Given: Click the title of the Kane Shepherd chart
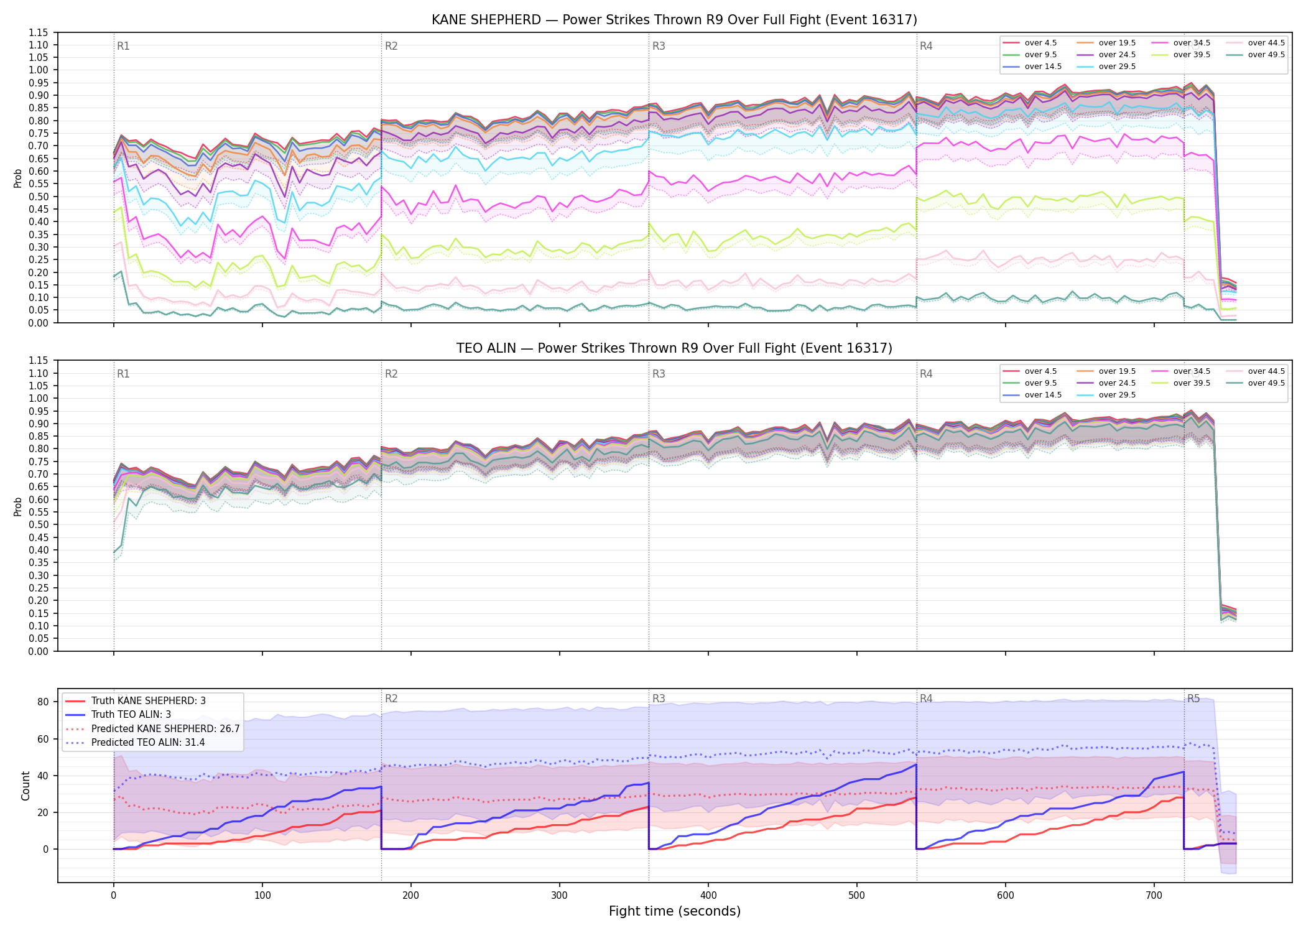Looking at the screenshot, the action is click(674, 20).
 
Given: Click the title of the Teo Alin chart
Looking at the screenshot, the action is click(674, 348).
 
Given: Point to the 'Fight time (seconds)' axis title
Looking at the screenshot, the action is click(675, 911).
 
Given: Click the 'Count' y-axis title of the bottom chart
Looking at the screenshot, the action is click(25, 786).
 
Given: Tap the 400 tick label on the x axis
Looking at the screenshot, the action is click(708, 896).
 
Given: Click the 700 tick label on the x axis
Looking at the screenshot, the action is click(1154, 896).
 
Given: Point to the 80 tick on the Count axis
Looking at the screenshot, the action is click(43, 702).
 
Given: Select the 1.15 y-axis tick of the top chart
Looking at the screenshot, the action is click(39, 32).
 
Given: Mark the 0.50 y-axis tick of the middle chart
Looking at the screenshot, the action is click(39, 524).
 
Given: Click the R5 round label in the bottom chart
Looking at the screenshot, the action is click(1193, 699).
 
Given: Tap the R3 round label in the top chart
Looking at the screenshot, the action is click(659, 46).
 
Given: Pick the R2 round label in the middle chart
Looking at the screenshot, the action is click(391, 374).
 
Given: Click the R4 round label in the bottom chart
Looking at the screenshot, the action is click(926, 699).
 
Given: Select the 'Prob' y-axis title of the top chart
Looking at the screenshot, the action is click(18, 179).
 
